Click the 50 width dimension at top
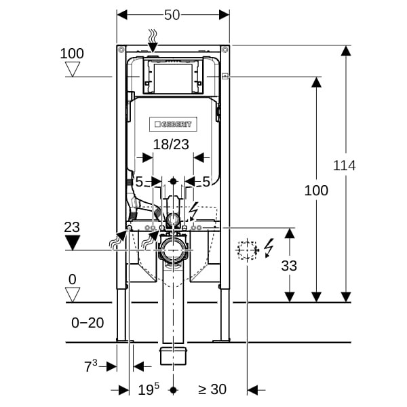pyautogui.click(x=172, y=14)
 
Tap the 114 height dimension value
pyautogui.click(x=345, y=165)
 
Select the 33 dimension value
pyautogui.click(x=289, y=266)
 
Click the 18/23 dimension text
pyautogui.click(x=171, y=144)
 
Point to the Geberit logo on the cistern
pyautogui.click(x=173, y=124)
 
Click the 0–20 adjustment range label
pyautogui.click(x=88, y=323)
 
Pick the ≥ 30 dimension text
pyautogui.click(x=212, y=389)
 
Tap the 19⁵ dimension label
pyautogui.click(x=149, y=389)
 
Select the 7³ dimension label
pyautogui.click(x=91, y=366)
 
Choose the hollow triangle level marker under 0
pyautogui.click(x=71, y=294)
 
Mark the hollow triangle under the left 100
pyautogui.click(x=71, y=69)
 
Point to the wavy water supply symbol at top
pyautogui.click(x=153, y=35)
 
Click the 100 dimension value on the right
pyautogui.click(x=315, y=191)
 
